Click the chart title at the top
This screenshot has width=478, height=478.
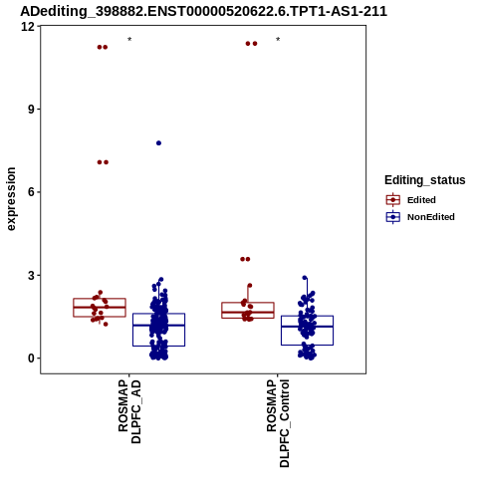(x=203, y=11)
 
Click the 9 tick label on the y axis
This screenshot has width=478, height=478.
(x=32, y=110)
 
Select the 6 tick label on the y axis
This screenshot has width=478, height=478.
(x=32, y=192)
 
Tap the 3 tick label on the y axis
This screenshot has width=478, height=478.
(x=32, y=275)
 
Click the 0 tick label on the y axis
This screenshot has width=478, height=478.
(x=32, y=358)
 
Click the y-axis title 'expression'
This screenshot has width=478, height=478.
(x=11, y=199)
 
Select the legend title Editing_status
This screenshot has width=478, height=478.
(x=424, y=180)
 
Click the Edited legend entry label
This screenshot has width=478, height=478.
(x=421, y=200)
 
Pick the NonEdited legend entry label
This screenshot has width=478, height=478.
(x=431, y=217)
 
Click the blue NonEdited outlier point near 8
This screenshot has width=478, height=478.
(x=158, y=143)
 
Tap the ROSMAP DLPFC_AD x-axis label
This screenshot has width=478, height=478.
(x=129, y=411)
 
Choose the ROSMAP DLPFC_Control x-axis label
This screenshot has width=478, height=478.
(x=278, y=423)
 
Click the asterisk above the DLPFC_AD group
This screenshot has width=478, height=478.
(x=129, y=40)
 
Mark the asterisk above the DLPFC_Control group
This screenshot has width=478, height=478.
(x=278, y=40)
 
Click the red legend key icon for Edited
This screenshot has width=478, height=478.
(x=393, y=200)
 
